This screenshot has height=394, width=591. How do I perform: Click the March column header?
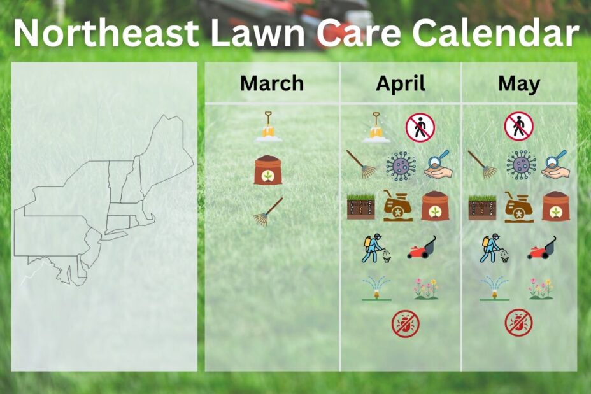click(x=272, y=83)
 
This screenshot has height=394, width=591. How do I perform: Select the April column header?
click(x=401, y=84)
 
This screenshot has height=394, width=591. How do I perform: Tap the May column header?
click(x=519, y=84)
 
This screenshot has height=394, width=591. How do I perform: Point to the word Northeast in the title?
click(x=106, y=32)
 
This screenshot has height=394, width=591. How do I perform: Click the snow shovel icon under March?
click(x=268, y=127)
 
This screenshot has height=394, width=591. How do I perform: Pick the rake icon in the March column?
click(x=268, y=212)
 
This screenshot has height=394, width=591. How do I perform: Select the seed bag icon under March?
click(x=268, y=169)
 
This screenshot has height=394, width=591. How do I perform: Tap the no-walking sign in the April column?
click(x=420, y=127)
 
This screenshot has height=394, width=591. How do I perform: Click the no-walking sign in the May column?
click(x=519, y=126)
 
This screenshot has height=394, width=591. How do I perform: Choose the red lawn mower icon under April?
click(x=422, y=248)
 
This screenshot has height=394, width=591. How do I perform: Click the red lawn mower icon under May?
click(x=541, y=248)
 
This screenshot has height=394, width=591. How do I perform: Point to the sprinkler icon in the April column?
click(x=376, y=289)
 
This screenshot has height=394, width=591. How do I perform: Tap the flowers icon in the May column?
click(x=541, y=288)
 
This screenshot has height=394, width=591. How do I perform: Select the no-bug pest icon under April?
click(x=406, y=323)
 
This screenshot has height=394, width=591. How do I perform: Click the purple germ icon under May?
click(x=521, y=165)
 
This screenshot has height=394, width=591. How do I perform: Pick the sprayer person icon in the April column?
click(x=376, y=249)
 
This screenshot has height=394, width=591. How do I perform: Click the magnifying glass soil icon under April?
click(x=438, y=164)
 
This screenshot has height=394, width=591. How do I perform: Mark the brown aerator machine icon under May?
click(x=520, y=207)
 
